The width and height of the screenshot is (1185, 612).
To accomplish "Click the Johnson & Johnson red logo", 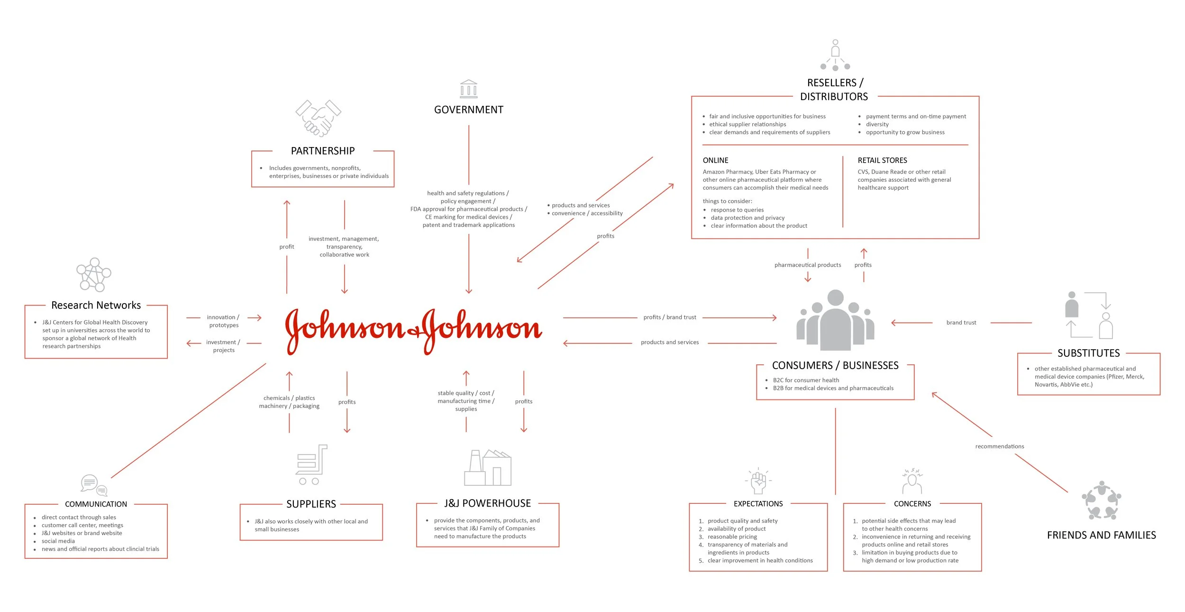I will point(413,330).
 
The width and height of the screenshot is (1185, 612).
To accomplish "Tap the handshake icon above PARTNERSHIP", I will point(318,118).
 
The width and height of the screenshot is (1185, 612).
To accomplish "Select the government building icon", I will point(468,89).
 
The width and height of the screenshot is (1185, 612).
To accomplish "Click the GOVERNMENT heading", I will point(468,110).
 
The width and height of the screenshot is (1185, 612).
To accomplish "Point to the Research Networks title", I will point(96,305).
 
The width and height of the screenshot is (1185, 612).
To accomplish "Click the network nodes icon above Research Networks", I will point(94,275).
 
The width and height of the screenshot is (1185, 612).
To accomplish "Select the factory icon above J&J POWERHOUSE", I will point(487,467).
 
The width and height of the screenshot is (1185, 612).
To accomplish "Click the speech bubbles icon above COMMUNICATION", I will point(94,484).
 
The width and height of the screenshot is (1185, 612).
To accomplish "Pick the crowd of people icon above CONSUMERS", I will point(835,320).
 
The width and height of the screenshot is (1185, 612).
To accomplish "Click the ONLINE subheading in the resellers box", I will point(715,160).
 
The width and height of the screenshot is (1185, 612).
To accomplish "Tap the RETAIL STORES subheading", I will point(882,160).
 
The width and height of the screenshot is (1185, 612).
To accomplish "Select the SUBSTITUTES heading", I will point(1088,353).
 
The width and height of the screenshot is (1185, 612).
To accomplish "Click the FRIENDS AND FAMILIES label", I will point(1101,535).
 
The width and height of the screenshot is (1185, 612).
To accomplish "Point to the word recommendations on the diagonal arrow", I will point(999,446).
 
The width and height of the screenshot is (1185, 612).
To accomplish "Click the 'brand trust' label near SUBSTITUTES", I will point(961,323).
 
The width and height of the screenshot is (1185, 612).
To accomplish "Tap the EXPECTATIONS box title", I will point(758,504).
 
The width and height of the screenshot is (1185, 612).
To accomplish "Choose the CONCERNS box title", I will point(912,504).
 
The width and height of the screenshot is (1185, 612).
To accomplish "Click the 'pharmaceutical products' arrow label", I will point(807,265).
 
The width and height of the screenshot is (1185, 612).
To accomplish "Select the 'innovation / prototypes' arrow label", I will point(223,321).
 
